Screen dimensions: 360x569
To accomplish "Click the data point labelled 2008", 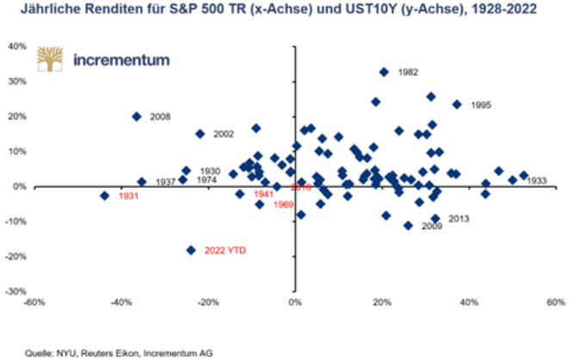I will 136,116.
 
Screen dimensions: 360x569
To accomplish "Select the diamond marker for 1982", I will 384,72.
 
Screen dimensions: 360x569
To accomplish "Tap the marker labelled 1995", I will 457,104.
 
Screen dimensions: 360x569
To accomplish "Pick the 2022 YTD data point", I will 191,250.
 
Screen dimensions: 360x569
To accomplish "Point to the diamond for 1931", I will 105,196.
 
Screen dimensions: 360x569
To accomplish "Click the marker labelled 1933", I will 523,175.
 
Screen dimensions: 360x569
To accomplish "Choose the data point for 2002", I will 200,133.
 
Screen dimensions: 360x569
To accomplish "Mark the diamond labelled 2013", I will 436,219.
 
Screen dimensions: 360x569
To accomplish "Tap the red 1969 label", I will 284,204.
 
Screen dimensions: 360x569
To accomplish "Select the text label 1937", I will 167,183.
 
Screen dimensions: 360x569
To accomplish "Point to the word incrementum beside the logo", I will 122,60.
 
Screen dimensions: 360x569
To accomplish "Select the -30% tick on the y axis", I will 17,291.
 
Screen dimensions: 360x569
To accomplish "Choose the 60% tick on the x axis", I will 554,303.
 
